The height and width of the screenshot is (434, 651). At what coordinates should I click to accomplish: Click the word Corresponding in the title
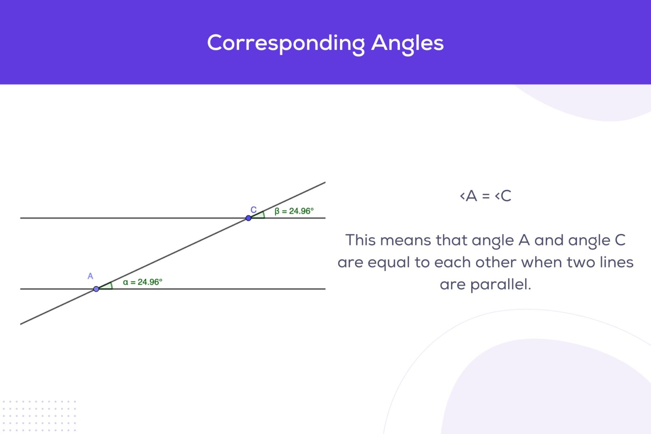click(x=286, y=43)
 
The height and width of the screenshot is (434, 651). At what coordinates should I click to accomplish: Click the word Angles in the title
click(x=407, y=43)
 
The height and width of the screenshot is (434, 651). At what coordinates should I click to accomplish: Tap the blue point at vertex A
click(x=96, y=289)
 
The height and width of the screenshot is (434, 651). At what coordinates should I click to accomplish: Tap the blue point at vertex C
click(x=248, y=218)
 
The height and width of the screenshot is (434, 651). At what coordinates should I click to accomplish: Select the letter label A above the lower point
click(x=90, y=276)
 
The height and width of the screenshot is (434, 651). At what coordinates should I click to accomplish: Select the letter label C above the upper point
click(x=253, y=210)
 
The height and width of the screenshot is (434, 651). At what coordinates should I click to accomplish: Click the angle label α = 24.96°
click(x=142, y=282)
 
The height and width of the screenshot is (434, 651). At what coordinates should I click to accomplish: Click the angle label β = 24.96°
click(x=294, y=211)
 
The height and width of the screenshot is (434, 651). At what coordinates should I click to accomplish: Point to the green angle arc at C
click(x=263, y=214)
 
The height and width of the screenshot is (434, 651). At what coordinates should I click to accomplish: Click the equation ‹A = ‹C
click(x=485, y=196)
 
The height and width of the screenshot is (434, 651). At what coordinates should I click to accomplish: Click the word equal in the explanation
click(x=389, y=262)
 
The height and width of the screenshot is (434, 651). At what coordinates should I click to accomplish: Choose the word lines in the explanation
click(x=617, y=262)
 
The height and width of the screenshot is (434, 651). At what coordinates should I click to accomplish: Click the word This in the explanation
click(x=361, y=240)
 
